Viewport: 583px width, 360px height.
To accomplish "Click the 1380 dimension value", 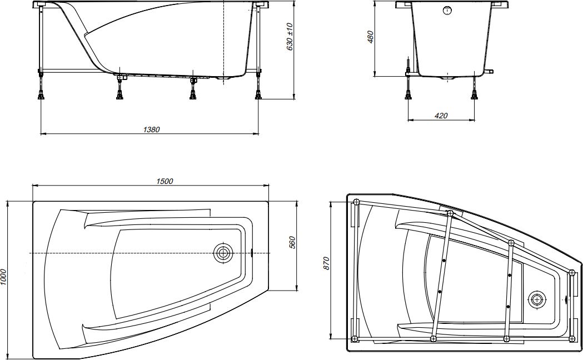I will click(151, 129).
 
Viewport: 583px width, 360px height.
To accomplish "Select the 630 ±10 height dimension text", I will click(289, 37).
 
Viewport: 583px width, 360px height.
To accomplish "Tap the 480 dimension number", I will click(371, 36).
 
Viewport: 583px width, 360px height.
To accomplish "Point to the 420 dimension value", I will click(441, 116).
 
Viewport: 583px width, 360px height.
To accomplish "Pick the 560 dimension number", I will click(292, 243).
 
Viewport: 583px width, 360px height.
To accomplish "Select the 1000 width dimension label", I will click(4, 278).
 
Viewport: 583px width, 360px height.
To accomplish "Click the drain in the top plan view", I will click(223, 253).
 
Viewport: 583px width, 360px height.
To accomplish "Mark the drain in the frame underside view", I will click(537, 299).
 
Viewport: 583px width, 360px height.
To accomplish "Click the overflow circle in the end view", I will click(447, 11).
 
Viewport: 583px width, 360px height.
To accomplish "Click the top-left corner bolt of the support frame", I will click(356, 202).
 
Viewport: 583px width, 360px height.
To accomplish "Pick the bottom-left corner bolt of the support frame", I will click(356, 338).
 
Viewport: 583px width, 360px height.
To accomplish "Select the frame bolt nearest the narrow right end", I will click(572, 272).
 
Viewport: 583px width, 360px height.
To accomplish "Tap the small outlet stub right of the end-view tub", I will click(489, 71).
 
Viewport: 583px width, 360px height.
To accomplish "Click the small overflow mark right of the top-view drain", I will click(252, 253).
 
